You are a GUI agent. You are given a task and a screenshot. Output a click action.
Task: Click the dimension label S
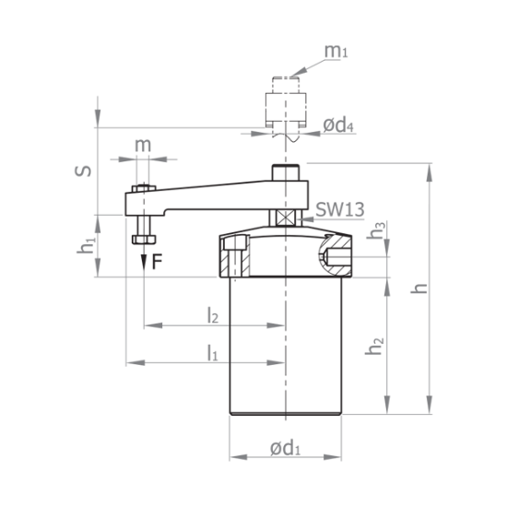click(80, 171)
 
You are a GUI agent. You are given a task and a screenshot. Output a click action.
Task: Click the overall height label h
click(421, 287)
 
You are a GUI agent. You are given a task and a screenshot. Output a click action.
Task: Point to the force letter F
click(157, 261)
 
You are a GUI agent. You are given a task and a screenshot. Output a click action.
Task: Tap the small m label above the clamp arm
click(141, 147)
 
